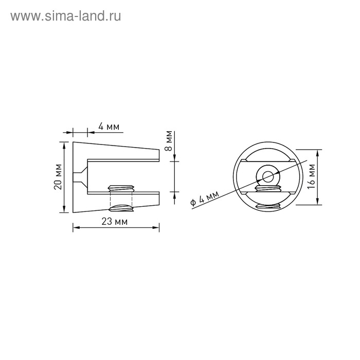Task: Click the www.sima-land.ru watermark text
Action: [66, 16]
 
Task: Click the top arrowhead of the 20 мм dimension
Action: [65, 145]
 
